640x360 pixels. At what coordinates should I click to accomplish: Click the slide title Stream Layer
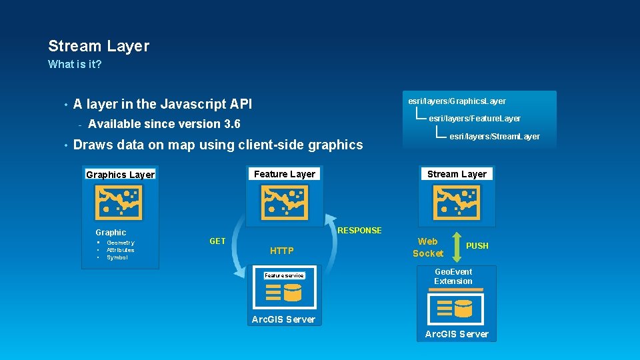99,46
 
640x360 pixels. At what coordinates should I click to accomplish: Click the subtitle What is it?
75,65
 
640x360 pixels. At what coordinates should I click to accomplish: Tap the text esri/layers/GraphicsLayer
457,101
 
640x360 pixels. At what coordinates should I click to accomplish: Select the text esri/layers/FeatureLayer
474,119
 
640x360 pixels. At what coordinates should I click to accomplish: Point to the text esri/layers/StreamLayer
494,137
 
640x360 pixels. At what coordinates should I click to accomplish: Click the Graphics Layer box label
120,175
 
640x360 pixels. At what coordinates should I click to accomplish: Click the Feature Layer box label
285,174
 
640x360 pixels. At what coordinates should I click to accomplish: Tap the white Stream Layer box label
457,174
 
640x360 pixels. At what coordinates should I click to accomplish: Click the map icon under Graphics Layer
118,202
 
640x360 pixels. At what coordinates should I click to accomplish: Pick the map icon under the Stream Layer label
457,202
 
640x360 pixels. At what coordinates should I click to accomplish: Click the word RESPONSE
360,231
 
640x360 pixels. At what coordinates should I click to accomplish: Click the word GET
217,241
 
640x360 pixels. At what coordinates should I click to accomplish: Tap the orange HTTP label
281,251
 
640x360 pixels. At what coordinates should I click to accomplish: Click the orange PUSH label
477,246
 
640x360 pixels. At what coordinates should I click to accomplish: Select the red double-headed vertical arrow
455,245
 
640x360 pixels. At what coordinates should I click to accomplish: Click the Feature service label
284,275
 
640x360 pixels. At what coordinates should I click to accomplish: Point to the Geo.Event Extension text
453,277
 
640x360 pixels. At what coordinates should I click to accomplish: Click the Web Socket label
427,247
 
